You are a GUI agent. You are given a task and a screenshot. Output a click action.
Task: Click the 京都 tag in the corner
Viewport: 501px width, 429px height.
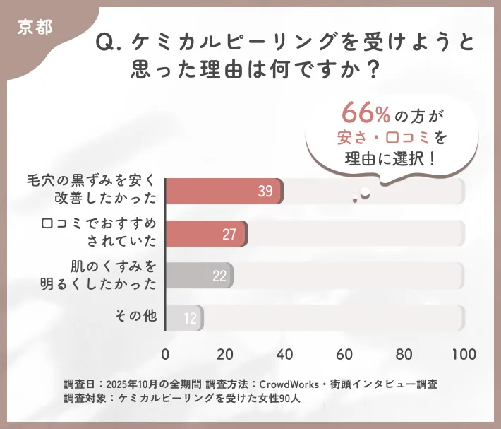pos(35,28)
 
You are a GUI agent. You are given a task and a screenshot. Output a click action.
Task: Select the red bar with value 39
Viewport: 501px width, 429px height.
pos(224,192)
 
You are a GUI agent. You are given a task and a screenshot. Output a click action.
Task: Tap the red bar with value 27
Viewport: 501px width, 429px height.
pos(207,234)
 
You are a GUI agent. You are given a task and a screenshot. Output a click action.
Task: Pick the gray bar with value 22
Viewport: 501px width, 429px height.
pos(199,276)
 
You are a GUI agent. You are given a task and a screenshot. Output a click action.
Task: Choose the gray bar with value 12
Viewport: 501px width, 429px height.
pos(184,318)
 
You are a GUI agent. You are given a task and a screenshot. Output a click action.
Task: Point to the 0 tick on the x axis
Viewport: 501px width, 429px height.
pos(166,353)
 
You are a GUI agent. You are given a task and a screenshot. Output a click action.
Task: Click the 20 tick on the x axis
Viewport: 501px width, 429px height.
pos(225,353)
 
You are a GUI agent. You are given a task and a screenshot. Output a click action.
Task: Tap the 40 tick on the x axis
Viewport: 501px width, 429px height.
pos(285,353)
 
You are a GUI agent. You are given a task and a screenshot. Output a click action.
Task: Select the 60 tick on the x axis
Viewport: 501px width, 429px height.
pos(344,353)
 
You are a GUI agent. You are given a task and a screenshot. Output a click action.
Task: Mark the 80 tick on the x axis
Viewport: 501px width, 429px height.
pos(404,353)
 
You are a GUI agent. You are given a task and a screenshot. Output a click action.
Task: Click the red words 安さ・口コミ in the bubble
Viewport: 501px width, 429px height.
pos(386,135)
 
